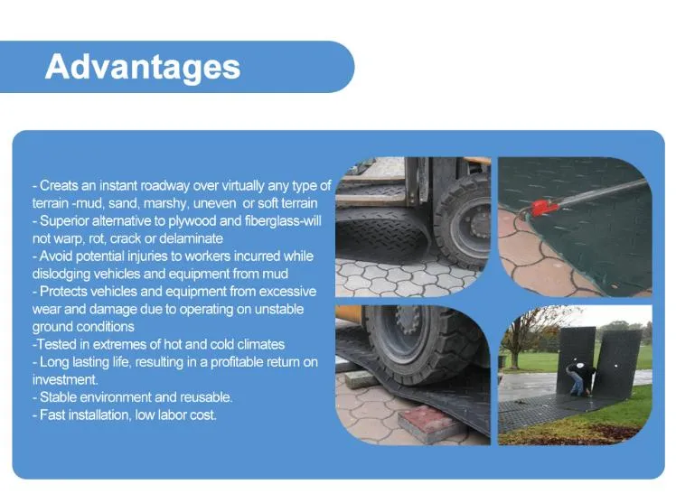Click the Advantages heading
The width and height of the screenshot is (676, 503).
[143, 67]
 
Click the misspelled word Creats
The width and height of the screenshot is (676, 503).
[59, 186]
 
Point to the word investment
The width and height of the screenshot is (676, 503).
[65, 380]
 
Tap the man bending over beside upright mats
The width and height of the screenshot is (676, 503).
[577, 377]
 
